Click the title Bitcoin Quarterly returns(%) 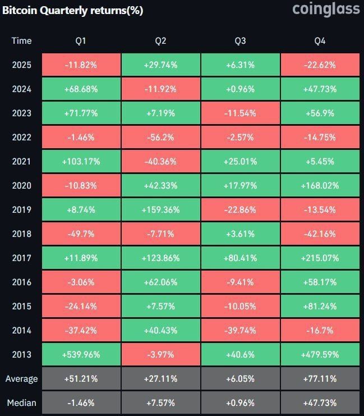click(72, 11)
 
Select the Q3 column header click(240, 40)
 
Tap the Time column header click(21, 40)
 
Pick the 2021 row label click(21, 161)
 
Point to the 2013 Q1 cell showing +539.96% click(81, 354)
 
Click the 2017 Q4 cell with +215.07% click(320, 258)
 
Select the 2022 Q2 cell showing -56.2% click(160, 137)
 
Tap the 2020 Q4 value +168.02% click(320, 185)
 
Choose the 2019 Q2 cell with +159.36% click(160, 209)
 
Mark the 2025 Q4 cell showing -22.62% click(320, 65)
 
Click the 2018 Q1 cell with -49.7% click(81, 234)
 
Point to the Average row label click(21, 378)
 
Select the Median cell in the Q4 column click(320, 403)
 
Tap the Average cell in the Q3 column click(240, 378)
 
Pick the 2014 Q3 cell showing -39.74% click(240, 330)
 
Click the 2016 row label click(21, 282)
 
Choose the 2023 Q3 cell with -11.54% click(240, 113)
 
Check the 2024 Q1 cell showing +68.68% click(81, 89)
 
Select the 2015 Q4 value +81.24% click(320, 306)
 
